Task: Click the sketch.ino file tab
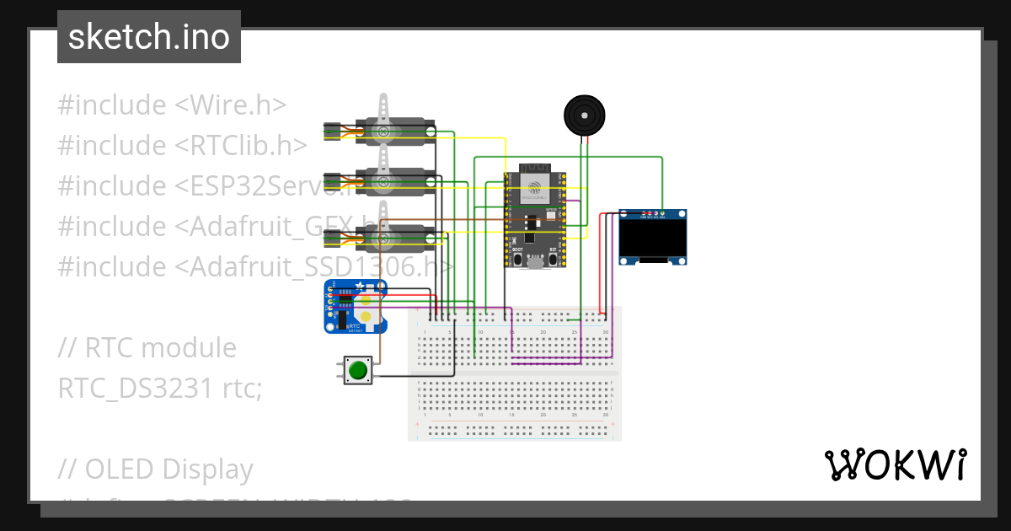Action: point(149,37)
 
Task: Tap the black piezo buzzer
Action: point(584,114)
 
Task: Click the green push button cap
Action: point(359,370)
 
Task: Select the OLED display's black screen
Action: point(653,239)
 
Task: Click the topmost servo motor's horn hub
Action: point(384,132)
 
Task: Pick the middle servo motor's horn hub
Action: point(384,181)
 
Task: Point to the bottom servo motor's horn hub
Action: point(384,240)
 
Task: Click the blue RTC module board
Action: point(354,308)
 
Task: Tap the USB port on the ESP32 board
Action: point(533,263)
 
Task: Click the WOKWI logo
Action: point(895,464)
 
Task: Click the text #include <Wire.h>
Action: point(172,105)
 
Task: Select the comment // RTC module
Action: point(147,347)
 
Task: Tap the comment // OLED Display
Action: point(156,469)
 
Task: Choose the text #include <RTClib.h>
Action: point(182,146)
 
